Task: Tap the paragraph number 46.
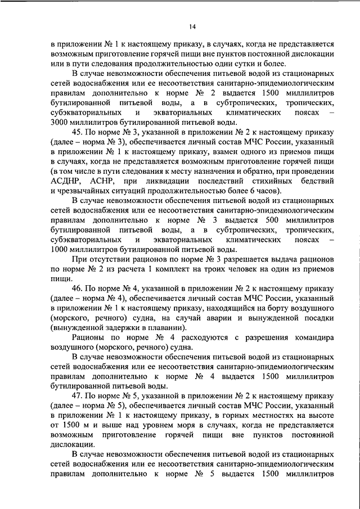[x=79, y=288]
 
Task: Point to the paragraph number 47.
[x=79, y=396]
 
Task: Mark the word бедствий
[x=317, y=181]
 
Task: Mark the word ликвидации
[x=171, y=181]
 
